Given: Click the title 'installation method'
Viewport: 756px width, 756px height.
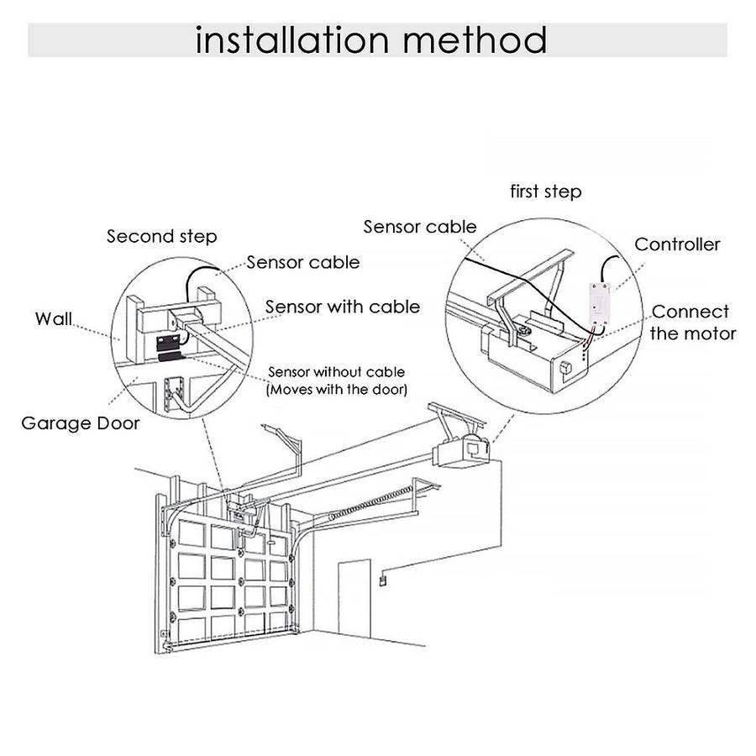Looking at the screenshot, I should click(370, 39).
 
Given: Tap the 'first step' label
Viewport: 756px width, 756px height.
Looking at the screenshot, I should click(545, 192).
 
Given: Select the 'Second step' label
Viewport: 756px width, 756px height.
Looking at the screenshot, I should click(161, 236).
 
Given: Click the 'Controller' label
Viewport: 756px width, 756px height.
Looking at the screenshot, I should click(677, 244).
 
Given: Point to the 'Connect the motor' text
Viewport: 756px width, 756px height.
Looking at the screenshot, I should click(692, 323).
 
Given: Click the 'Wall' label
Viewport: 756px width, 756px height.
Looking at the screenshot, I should click(53, 318).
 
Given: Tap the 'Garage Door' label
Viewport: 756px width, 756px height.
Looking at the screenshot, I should click(81, 422).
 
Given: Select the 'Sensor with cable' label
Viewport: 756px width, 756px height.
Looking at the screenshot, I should click(342, 307).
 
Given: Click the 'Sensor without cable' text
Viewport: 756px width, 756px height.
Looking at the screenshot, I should click(335, 371).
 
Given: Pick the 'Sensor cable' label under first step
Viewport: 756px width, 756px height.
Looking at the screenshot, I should click(419, 227).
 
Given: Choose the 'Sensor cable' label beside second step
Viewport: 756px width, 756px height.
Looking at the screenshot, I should click(302, 262).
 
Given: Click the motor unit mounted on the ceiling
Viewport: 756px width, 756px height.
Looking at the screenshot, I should click(461, 451).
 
